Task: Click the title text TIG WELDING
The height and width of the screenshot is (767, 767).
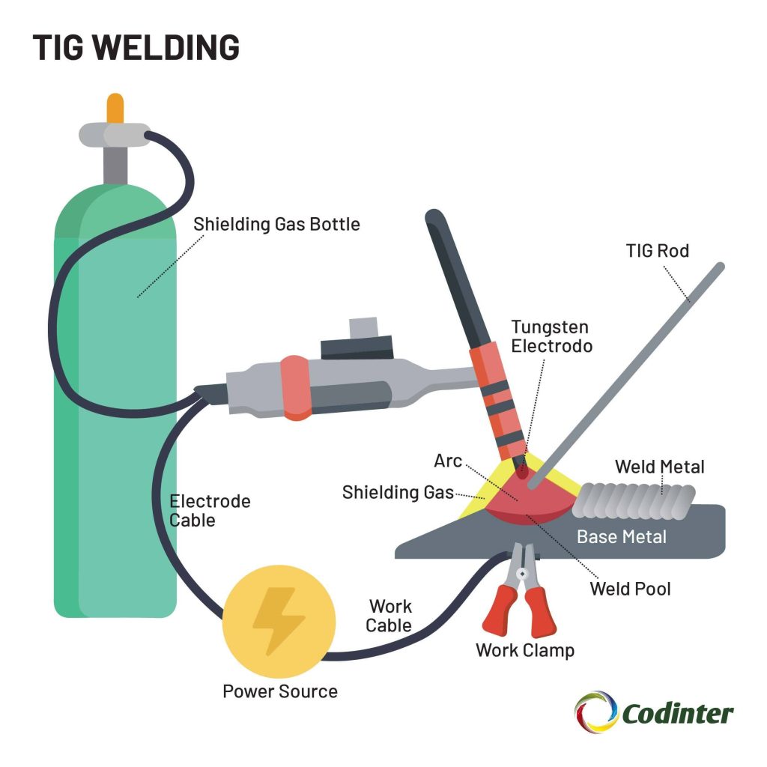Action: click(136, 46)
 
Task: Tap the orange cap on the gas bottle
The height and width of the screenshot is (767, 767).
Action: click(115, 109)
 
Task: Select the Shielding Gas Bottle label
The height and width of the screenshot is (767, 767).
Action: click(276, 224)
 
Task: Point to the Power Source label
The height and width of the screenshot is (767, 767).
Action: click(279, 691)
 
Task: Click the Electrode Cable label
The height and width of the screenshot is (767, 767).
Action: click(210, 510)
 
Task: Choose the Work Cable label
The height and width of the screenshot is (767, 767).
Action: click(390, 616)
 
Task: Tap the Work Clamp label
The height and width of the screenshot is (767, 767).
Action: click(525, 650)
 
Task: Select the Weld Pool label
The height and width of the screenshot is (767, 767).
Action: click(630, 589)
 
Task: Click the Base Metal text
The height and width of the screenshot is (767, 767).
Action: click(621, 537)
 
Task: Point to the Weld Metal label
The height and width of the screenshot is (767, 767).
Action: click(659, 467)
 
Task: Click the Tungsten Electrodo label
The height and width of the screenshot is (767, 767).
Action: click(551, 336)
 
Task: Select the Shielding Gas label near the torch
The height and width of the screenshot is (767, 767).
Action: click(398, 492)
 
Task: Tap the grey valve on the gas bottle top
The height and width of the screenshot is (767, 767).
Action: click(114, 136)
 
